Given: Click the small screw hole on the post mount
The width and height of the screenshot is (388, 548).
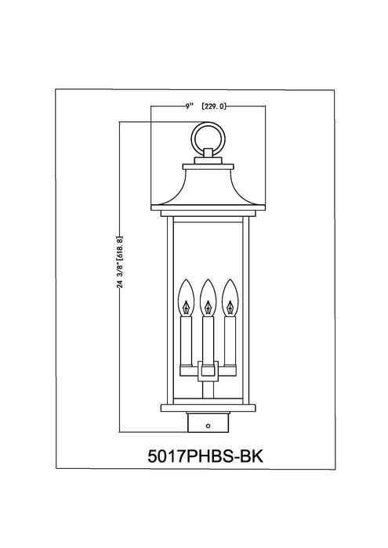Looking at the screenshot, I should tap(208, 426).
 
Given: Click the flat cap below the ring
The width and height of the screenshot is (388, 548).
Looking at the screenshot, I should tap(208, 165).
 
